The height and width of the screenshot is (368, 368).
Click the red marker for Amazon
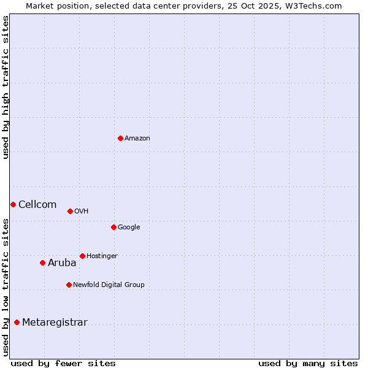[120, 138]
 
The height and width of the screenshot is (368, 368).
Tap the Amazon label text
[137, 139]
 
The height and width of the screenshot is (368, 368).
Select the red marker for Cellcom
[13, 204]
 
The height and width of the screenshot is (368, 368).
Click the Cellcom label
[37, 205]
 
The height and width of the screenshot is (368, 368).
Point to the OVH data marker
[70, 211]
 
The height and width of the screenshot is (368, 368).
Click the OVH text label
[82, 212]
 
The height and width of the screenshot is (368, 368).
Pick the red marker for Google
[113, 227]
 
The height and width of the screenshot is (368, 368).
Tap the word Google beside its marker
[129, 228]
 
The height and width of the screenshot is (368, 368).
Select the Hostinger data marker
[82, 256]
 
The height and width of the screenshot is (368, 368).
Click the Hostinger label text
[102, 256]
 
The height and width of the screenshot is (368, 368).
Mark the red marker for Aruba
[42, 263]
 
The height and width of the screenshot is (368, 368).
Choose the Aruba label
[62, 263]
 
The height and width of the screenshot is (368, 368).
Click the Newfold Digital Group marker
[69, 285]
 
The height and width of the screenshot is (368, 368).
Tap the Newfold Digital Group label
[109, 285]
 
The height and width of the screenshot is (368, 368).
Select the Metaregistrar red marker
[17, 322]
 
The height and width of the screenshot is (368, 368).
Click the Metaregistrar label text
[55, 323]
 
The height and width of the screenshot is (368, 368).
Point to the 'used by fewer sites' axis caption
[63, 363]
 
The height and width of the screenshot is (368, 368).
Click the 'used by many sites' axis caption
[308, 363]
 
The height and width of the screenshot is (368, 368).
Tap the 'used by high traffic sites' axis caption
[6, 87]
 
